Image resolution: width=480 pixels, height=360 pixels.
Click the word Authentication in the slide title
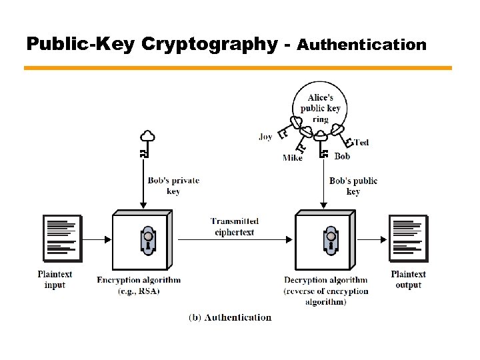pyautogui.click(x=361, y=45)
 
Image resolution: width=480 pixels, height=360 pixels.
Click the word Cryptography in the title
pyautogui.click(x=209, y=44)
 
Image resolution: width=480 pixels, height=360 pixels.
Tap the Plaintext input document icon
pyautogui.click(x=62, y=238)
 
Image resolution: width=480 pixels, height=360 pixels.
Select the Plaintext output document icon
pyautogui.click(x=408, y=238)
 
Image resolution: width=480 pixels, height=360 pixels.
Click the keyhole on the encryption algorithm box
pyautogui.click(x=147, y=240)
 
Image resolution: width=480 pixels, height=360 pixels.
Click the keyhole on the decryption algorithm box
pyautogui.click(x=329, y=240)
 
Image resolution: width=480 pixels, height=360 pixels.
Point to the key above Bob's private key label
pyautogui.click(x=147, y=144)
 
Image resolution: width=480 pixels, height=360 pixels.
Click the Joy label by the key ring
pyautogui.click(x=265, y=137)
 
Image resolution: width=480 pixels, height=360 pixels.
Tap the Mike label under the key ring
pyautogui.click(x=292, y=158)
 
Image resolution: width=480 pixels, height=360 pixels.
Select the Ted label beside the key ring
pyautogui.click(x=361, y=142)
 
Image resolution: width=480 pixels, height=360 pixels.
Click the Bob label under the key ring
pyautogui.click(x=342, y=156)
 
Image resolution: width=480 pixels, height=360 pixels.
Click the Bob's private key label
pyautogui.click(x=173, y=186)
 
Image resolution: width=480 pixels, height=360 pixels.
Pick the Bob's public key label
pyautogui.click(x=353, y=186)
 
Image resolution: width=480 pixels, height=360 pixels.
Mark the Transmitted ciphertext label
pyautogui.click(x=235, y=226)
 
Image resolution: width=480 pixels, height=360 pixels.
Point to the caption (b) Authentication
pyautogui.click(x=231, y=317)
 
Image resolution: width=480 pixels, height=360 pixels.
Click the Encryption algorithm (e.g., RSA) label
pyautogui.click(x=139, y=285)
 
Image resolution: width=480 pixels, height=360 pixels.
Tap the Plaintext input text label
pyautogui.click(x=55, y=279)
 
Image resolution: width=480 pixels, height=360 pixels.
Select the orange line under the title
pyautogui.click(x=237, y=68)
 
